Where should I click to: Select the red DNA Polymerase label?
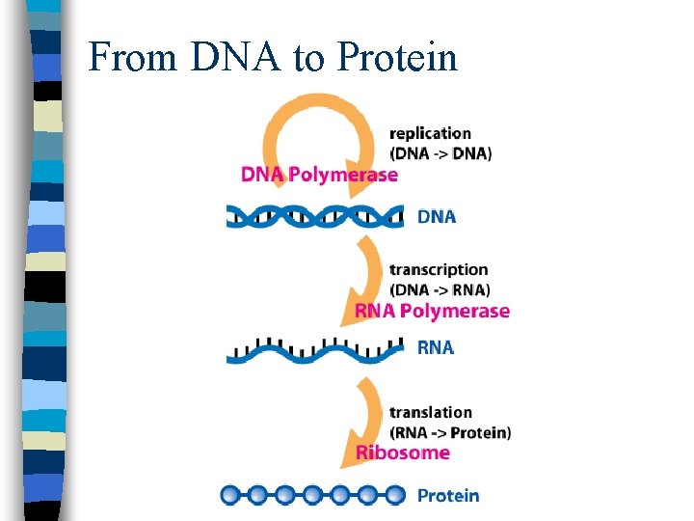(319, 175)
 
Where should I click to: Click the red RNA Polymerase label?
(432, 311)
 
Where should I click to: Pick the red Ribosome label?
(403, 452)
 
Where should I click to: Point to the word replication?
(431, 133)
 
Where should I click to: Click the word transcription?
(439, 270)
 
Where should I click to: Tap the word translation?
(431, 413)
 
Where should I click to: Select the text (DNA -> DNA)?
(440, 152)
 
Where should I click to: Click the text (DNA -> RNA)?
(440, 289)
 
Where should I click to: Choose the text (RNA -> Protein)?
(450, 432)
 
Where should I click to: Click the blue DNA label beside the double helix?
(437, 217)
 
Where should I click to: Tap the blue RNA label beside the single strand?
(435, 347)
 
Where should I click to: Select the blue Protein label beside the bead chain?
(448, 496)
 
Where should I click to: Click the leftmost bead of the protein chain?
(231, 496)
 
